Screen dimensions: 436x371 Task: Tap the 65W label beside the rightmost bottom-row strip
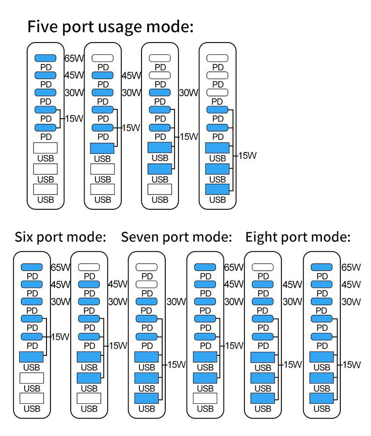coord(351,267)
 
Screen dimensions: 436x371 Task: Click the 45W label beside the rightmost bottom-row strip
coord(351,285)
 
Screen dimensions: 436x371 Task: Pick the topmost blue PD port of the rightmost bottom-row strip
coord(322,267)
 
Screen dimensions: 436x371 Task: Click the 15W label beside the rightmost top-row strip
coord(247,155)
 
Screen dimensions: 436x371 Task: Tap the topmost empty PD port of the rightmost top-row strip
coord(217,58)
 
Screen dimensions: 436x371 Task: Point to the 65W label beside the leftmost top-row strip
coord(75,58)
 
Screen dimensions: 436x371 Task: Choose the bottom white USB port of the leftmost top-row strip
coord(46,189)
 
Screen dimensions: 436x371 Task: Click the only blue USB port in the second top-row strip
coord(102,147)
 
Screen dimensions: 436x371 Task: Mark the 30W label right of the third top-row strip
coord(188,93)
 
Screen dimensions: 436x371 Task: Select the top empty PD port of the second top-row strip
coord(102,58)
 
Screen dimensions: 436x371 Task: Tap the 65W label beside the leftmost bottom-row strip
coord(61,267)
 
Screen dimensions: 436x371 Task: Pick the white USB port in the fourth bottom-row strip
coord(205,399)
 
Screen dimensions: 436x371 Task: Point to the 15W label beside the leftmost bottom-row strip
coord(60,337)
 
